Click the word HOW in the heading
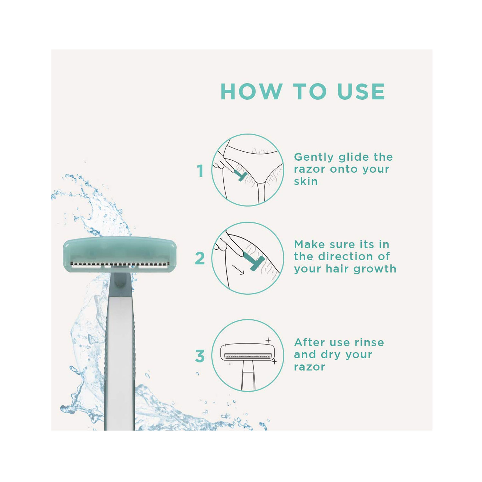click(251, 92)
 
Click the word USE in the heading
click(361, 92)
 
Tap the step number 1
click(200, 171)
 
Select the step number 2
click(200, 258)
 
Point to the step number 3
click(200, 356)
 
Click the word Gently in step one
click(314, 157)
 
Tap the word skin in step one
click(306, 182)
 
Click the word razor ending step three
click(309, 367)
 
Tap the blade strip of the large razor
click(119, 264)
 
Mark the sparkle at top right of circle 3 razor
click(268, 340)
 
